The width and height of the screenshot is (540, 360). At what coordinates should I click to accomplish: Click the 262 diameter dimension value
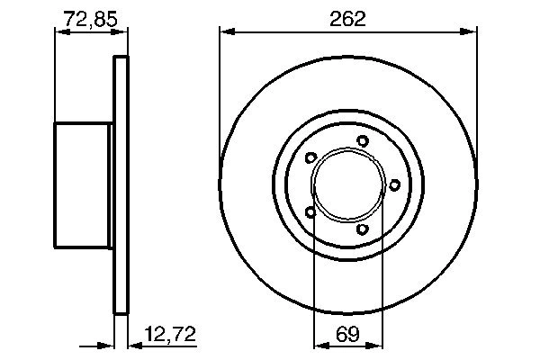click(x=347, y=19)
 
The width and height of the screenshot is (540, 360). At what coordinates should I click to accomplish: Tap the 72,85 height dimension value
click(x=91, y=19)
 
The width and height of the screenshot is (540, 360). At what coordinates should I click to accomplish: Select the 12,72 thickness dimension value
click(x=170, y=334)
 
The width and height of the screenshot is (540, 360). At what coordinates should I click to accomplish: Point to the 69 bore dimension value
click(x=347, y=334)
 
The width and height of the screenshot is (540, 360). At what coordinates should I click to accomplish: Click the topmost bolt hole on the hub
click(x=363, y=141)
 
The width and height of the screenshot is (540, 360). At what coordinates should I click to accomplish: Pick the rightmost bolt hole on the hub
click(x=395, y=185)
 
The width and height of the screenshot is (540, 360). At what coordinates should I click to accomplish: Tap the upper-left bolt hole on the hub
click(x=311, y=157)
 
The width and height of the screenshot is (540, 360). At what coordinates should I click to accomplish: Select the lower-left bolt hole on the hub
click(x=310, y=211)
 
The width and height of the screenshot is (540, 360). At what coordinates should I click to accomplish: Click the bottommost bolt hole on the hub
click(x=363, y=229)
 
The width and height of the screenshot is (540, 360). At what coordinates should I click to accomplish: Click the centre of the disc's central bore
click(x=347, y=185)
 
